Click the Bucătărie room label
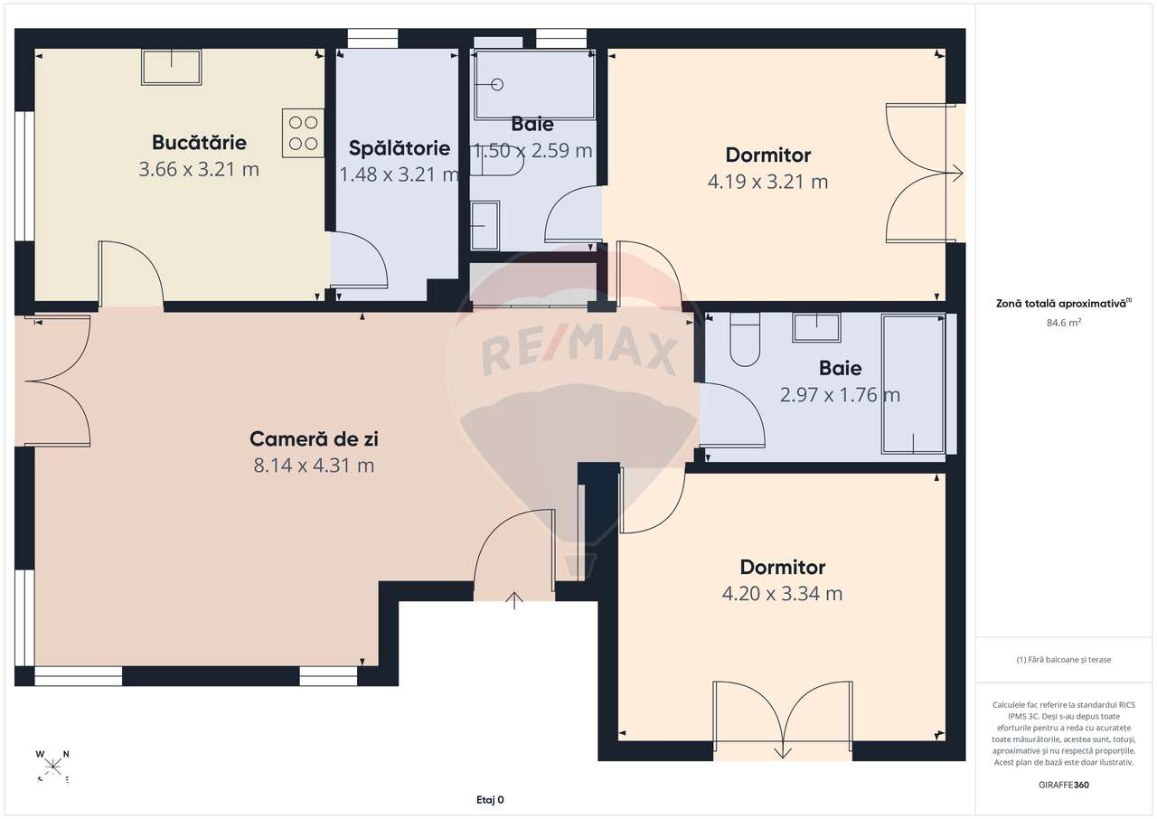click(x=199, y=142)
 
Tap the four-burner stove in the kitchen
click(x=304, y=132)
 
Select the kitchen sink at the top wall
click(x=172, y=67)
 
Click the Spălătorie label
click(x=399, y=147)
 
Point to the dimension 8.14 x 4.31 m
click(x=314, y=466)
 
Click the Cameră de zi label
click(x=314, y=439)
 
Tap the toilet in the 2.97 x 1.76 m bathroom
click(x=745, y=341)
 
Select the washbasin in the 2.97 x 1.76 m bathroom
click(x=816, y=327)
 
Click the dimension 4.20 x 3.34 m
click(x=782, y=594)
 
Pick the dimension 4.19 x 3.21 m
click(x=767, y=182)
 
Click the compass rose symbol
click(x=53, y=766)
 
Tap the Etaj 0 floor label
click(x=490, y=799)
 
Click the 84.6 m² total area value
click(x=1064, y=321)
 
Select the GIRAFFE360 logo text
click(x=1064, y=785)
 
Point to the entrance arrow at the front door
click(x=515, y=600)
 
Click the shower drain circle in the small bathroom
click(x=496, y=85)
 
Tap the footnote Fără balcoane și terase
click(x=1064, y=660)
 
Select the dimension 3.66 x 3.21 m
click(x=199, y=169)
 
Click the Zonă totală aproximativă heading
click(x=1064, y=305)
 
